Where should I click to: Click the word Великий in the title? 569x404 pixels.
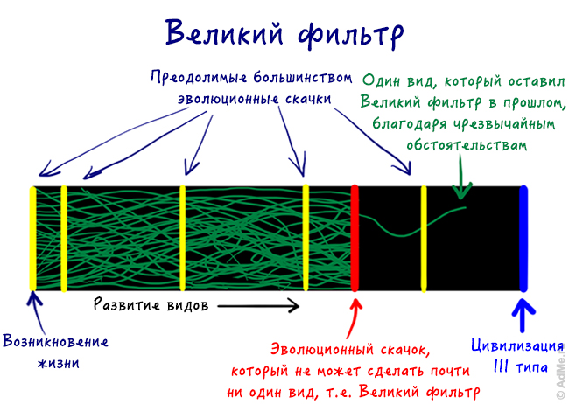pyautogui.click(x=224, y=33)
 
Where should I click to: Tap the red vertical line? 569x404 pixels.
pyautogui.click(x=355, y=238)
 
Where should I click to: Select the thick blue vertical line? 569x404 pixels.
pyautogui.click(x=523, y=238)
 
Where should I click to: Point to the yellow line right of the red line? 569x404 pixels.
pyautogui.click(x=424, y=238)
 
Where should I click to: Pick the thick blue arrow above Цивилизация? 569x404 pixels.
pyautogui.click(x=523, y=315)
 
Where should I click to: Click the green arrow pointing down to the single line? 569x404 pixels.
pyautogui.click(x=461, y=177)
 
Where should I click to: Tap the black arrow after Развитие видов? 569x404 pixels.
pyautogui.click(x=258, y=306)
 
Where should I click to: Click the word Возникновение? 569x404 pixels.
pyautogui.click(x=55, y=341)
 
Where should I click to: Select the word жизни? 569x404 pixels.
pyautogui.click(x=58, y=363)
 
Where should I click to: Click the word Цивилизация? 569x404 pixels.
pyautogui.click(x=517, y=345)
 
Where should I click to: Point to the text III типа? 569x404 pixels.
pyautogui.click(x=520, y=367)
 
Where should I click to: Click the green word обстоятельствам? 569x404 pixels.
pyautogui.click(x=467, y=145)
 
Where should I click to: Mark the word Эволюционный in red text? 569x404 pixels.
pyautogui.click(x=322, y=350)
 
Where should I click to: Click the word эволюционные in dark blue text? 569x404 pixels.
pyautogui.click(x=228, y=99)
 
